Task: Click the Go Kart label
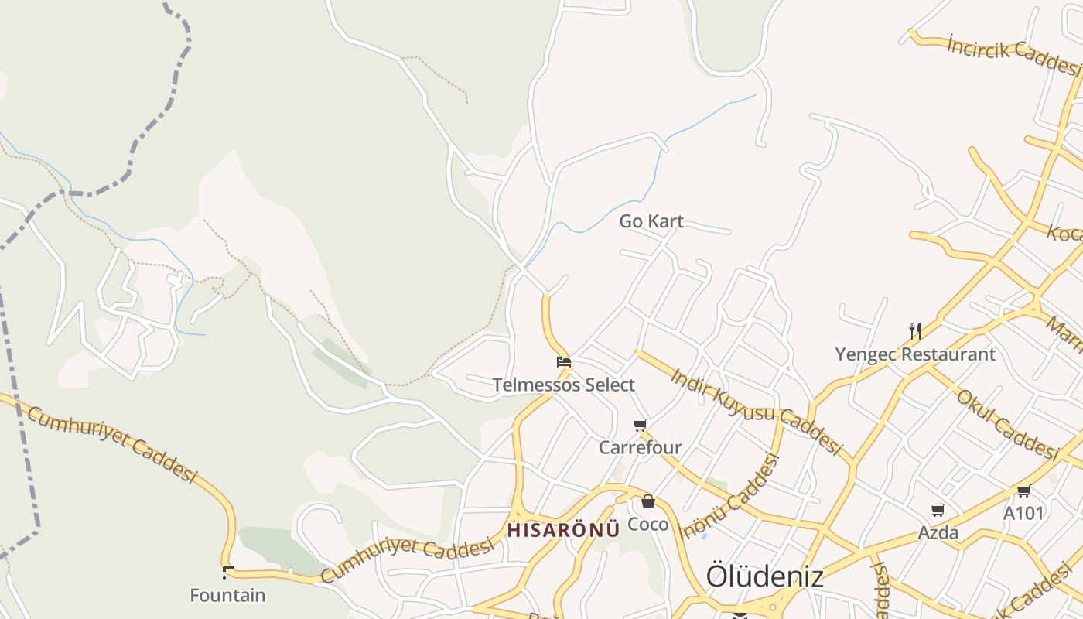651,221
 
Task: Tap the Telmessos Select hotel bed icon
564,361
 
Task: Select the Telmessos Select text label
563,385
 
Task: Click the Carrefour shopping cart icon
640,425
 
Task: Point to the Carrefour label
640,447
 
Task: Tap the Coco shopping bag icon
648,501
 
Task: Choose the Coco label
647,524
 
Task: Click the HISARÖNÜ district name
563,530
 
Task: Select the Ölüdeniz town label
764,576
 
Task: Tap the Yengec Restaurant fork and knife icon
915,331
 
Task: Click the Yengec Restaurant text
915,354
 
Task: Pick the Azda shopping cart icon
938,510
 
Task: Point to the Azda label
938,532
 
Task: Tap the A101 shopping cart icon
1023,491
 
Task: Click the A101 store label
1023,513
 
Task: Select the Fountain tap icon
227,573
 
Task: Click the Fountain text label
227,595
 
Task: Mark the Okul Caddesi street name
1006,423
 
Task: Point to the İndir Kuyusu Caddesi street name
755,410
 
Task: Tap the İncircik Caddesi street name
1013,55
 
